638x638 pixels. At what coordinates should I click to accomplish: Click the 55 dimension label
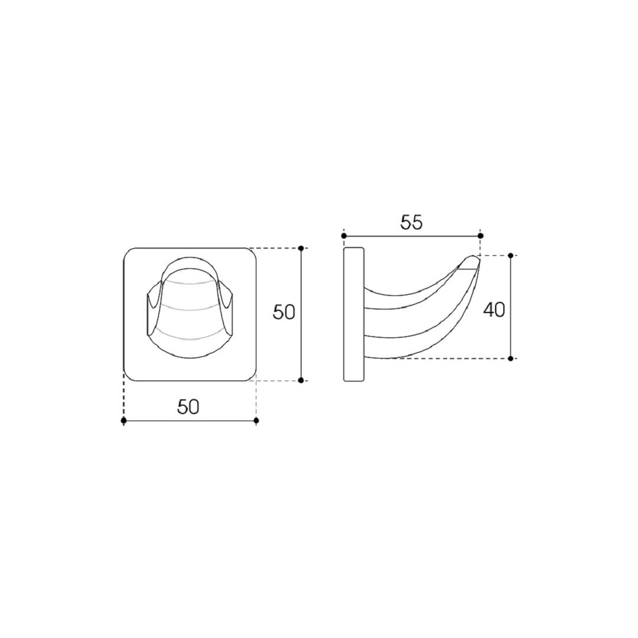411,222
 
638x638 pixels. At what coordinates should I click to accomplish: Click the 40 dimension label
494,310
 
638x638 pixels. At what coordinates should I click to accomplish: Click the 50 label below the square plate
188,406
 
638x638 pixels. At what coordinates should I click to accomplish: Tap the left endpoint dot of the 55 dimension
344,236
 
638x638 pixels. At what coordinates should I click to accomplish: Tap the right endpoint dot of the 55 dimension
480,236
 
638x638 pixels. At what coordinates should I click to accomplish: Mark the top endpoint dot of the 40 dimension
510,256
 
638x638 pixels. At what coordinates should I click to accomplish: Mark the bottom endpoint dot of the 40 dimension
510,359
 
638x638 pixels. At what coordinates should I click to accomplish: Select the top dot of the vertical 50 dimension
301,248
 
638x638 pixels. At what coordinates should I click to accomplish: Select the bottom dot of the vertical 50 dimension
301,380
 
